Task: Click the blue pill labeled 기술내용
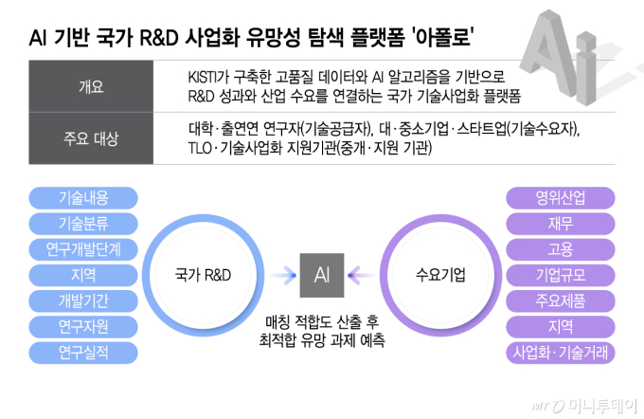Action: [83, 198]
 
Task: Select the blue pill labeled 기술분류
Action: [83, 224]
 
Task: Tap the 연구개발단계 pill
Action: [83, 249]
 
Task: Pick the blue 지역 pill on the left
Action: [83, 276]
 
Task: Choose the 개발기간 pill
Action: [83, 301]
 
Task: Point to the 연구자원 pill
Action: [83, 327]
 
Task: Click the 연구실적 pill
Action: [83, 354]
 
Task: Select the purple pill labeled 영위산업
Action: [560, 198]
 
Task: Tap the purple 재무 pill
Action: [560, 224]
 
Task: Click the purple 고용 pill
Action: [560, 249]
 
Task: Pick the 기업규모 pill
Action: [560, 276]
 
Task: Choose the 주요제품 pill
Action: [560, 301]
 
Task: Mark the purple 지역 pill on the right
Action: [560, 327]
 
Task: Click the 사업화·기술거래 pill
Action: [560, 354]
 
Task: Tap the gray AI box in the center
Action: [322, 275]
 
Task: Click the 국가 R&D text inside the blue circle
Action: [204, 275]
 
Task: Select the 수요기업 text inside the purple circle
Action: [440, 275]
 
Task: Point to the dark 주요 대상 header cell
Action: [92, 138]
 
